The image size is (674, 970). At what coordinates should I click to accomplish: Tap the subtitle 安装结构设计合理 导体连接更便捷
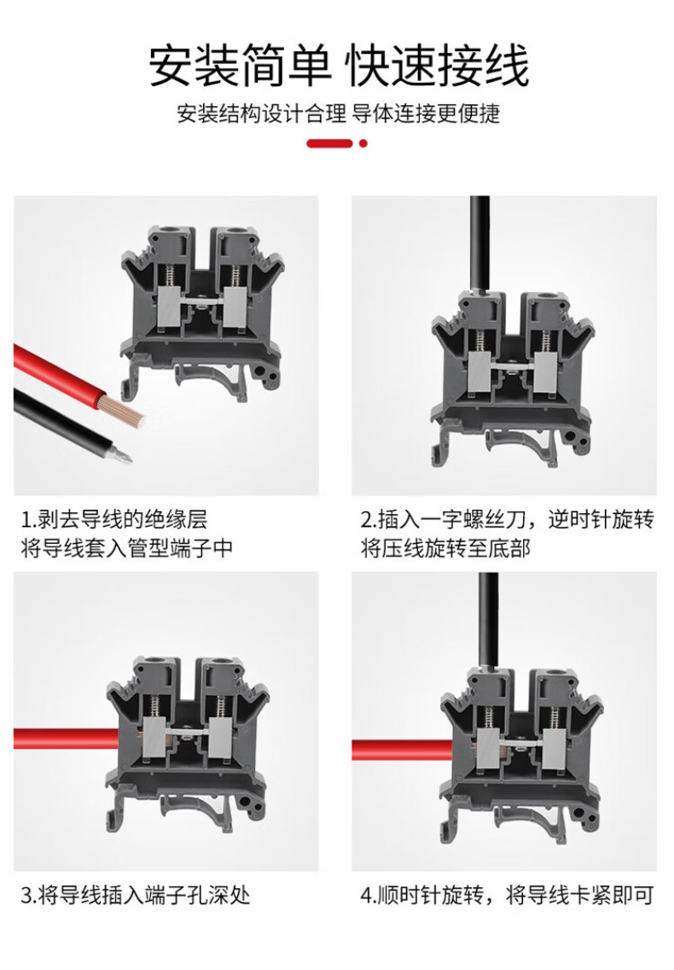[338, 114]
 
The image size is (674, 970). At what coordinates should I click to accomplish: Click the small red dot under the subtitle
[363, 143]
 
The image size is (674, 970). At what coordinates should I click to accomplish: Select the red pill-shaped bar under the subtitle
[329, 143]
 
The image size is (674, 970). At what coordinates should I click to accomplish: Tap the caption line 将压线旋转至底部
[446, 548]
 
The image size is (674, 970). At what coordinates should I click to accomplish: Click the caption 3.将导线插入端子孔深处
[136, 895]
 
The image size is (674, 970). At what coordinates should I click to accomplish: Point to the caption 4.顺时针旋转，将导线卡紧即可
[507, 895]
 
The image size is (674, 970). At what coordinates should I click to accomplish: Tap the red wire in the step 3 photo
[66, 738]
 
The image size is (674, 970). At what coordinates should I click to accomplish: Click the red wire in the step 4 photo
[403, 750]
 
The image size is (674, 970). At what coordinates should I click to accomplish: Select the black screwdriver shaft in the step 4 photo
[489, 620]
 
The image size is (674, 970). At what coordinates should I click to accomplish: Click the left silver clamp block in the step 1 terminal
[171, 307]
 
